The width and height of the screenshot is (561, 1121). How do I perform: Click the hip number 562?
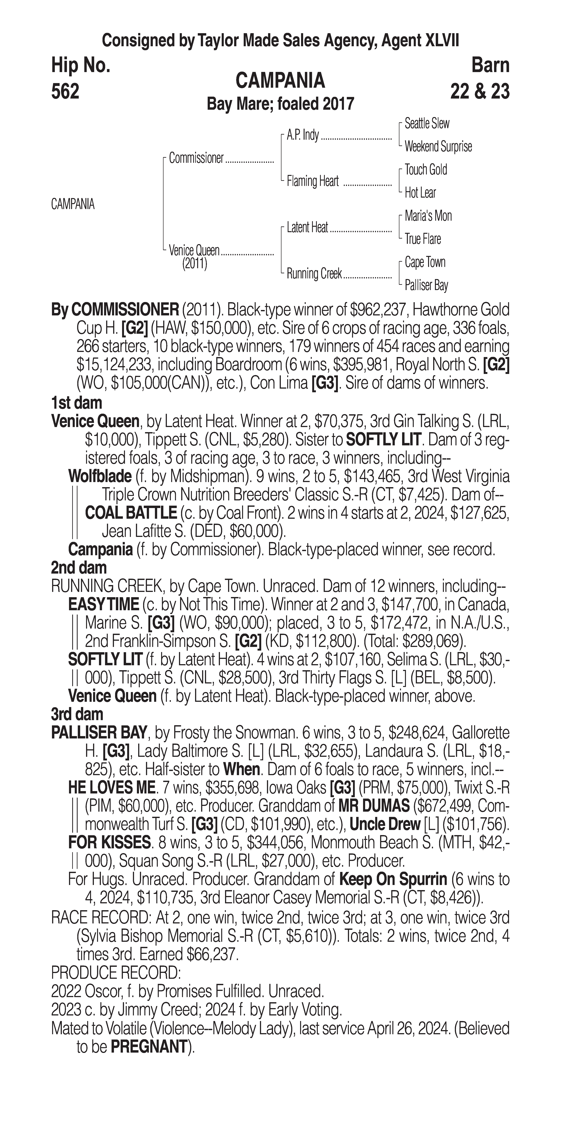click(65, 91)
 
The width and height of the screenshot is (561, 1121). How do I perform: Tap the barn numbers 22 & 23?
click(480, 91)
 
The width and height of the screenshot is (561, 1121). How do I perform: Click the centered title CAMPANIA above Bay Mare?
click(280, 81)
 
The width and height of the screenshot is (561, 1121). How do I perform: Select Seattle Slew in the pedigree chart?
click(427, 124)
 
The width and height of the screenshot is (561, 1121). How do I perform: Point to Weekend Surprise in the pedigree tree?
click(438, 147)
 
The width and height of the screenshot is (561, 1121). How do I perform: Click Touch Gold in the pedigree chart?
click(426, 170)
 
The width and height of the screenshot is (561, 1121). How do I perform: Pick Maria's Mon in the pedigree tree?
click(428, 216)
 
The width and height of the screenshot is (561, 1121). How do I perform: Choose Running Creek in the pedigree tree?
click(314, 274)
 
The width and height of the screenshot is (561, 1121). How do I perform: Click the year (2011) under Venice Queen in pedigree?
click(194, 264)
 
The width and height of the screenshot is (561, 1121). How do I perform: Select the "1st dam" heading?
click(76, 403)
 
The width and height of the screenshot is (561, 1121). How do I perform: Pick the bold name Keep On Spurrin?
click(393, 879)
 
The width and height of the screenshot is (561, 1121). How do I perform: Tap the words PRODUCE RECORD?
click(116, 972)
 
